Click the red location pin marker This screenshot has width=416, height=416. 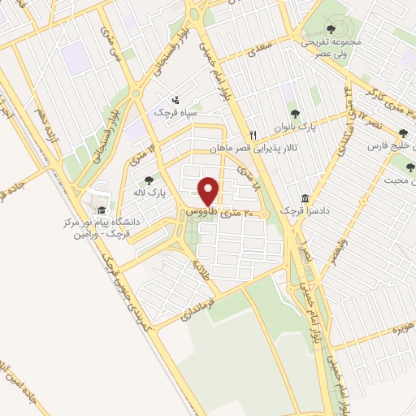click(x=209, y=191)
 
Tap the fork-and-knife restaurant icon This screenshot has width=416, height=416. click(x=253, y=135)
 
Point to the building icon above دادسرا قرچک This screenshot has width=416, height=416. click(x=305, y=198)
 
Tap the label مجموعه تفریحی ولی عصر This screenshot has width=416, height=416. click(x=328, y=45)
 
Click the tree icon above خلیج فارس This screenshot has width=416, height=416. click(x=403, y=134)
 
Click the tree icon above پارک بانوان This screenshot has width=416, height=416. click(x=293, y=115)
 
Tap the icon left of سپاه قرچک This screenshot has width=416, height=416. click(x=175, y=99)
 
